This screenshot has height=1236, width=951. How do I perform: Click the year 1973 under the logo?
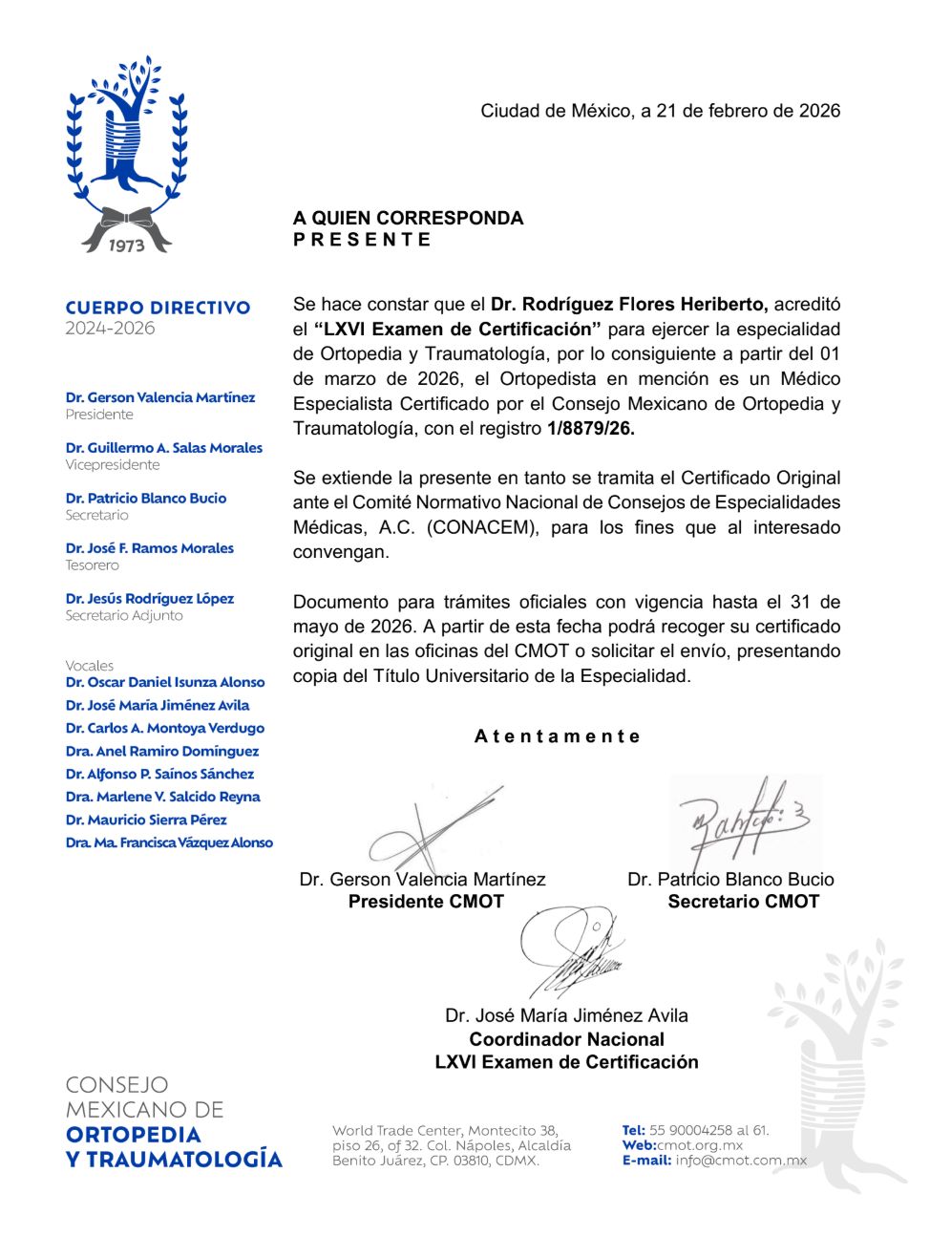point(126,245)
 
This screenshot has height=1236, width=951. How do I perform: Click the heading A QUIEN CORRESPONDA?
point(408,218)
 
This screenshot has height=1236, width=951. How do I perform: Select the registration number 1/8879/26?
point(591,429)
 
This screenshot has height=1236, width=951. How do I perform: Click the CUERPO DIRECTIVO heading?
point(158,308)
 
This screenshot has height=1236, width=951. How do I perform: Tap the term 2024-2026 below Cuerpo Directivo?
point(110,329)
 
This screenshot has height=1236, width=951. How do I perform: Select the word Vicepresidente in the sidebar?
point(113,465)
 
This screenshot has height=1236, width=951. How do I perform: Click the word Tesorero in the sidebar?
point(93,565)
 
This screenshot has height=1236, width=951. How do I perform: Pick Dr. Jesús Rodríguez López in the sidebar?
point(150,599)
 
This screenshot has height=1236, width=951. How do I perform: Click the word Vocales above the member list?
point(90,666)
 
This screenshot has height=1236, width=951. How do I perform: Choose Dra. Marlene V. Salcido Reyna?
point(162,797)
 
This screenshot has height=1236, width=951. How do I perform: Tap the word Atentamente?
point(558,736)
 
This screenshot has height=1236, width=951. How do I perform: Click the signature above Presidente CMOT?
point(430,831)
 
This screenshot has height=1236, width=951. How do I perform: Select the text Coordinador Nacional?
point(566,1039)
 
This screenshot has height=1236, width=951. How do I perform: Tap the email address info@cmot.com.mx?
point(741,1161)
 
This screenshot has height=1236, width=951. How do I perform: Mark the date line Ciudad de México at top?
point(660,111)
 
